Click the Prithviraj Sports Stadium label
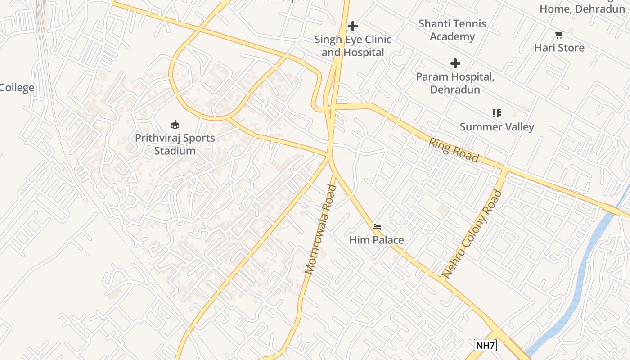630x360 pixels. pos(175,144)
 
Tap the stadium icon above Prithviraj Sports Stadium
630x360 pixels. pos(175,124)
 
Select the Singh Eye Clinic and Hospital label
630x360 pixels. pos(353,46)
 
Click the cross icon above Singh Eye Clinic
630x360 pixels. pos(353,26)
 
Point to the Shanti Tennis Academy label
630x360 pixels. pos(452,30)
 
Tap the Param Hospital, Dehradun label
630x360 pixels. pos(455,83)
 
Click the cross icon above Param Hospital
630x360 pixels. pos(455,63)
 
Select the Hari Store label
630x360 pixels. pos(559,48)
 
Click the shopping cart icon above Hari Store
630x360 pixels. pos(559,35)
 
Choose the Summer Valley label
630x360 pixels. pos(497,127)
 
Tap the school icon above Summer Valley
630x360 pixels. pos(497,113)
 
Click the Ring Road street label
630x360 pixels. pos(454,150)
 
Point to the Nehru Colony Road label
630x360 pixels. pos(472,234)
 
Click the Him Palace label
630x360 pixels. pos(377,240)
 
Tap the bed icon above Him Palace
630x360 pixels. pos(377,226)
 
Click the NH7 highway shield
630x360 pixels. pos(485,346)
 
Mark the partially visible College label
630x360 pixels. pos(17,88)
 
